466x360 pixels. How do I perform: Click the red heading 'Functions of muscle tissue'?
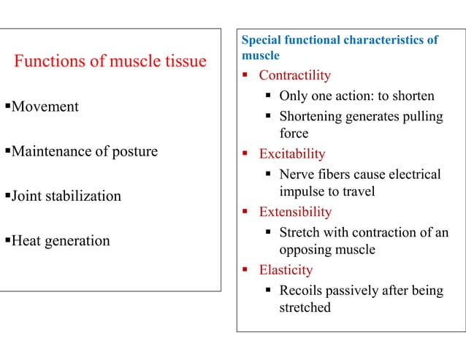(x=110, y=61)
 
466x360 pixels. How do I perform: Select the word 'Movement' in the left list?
(x=45, y=107)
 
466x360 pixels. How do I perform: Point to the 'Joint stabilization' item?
(x=65, y=196)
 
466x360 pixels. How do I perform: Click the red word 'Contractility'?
(x=294, y=75)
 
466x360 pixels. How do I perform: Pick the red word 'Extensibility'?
(x=295, y=212)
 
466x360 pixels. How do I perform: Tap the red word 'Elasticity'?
(x=286, y=270)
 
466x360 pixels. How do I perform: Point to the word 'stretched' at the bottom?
(x=305, y=307)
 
